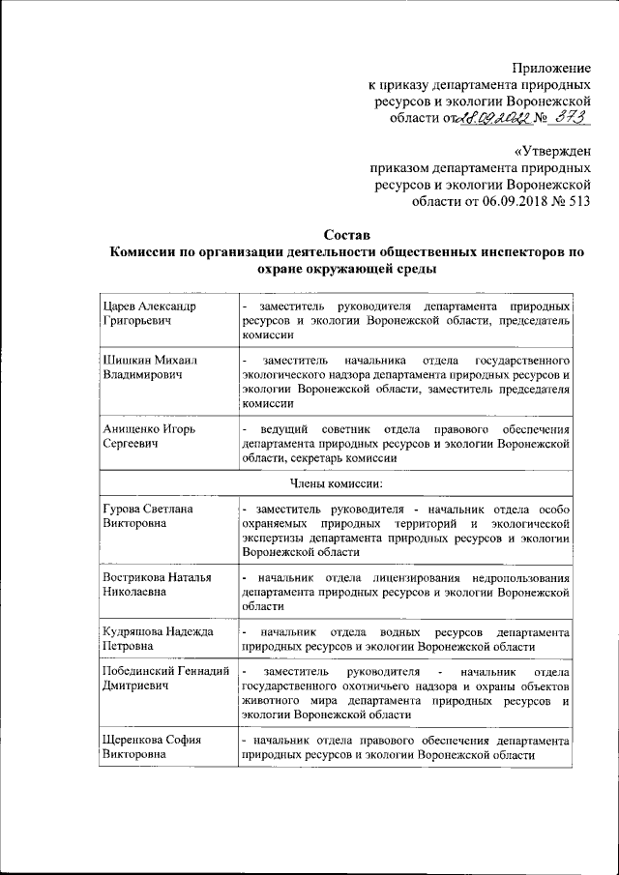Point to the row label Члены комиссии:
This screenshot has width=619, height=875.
(x=337, y=483)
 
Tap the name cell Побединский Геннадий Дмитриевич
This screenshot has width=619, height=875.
(x=164, y=680)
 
